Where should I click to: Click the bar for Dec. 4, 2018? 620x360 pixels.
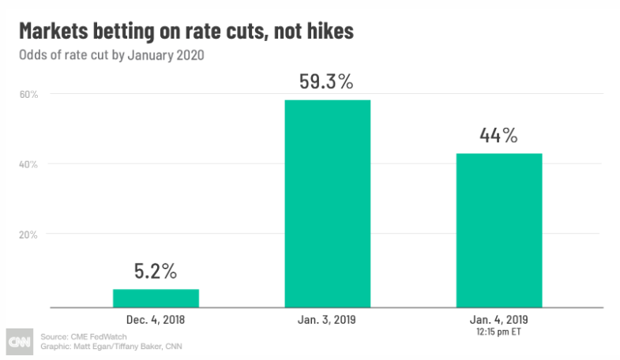coord(156,298)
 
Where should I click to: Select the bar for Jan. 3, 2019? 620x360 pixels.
coord(327,203)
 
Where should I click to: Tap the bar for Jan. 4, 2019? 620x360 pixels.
coord(498,230)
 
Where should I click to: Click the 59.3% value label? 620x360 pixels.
coord(327,82)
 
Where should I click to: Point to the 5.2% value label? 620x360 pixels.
coord(156,272)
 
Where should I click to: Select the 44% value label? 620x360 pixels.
coord(498,135)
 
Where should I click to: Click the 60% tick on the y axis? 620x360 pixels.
coord(28,94)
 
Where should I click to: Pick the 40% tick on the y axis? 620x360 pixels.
coord(28,164)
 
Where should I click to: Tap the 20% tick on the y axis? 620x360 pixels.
coord(28,234)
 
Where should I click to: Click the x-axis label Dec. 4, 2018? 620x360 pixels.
coord(156,320)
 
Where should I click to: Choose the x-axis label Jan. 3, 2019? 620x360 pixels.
coord(327,320)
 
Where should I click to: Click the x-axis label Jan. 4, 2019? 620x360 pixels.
coord(498,320)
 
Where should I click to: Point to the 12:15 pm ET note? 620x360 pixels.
coord(498,332)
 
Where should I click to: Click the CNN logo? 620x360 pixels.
coord(18,340)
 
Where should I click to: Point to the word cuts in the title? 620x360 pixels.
coord(238,32)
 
